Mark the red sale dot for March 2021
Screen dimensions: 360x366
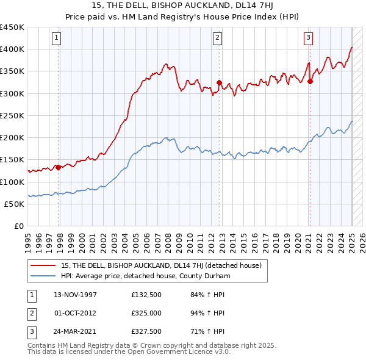coord(310,81)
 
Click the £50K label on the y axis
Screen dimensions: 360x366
coord(15,204)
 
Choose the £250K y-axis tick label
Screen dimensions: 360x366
coord(12,116)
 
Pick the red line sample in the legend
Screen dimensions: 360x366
coord(43,265)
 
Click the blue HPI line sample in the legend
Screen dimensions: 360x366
coord(43,276)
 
